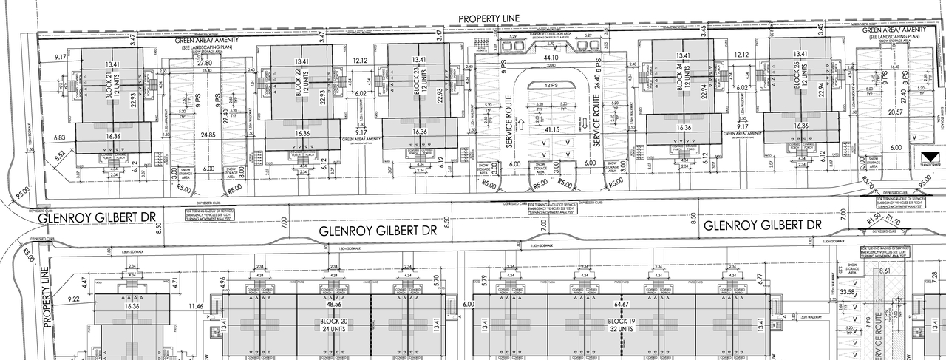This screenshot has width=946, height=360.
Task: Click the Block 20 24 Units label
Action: (x=334, y=326)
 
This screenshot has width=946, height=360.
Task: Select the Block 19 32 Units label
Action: (x=621, y=326)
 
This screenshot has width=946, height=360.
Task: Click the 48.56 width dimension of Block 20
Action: (x=334, y=304)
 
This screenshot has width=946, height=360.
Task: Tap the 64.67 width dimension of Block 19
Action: (x=621, y=304)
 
